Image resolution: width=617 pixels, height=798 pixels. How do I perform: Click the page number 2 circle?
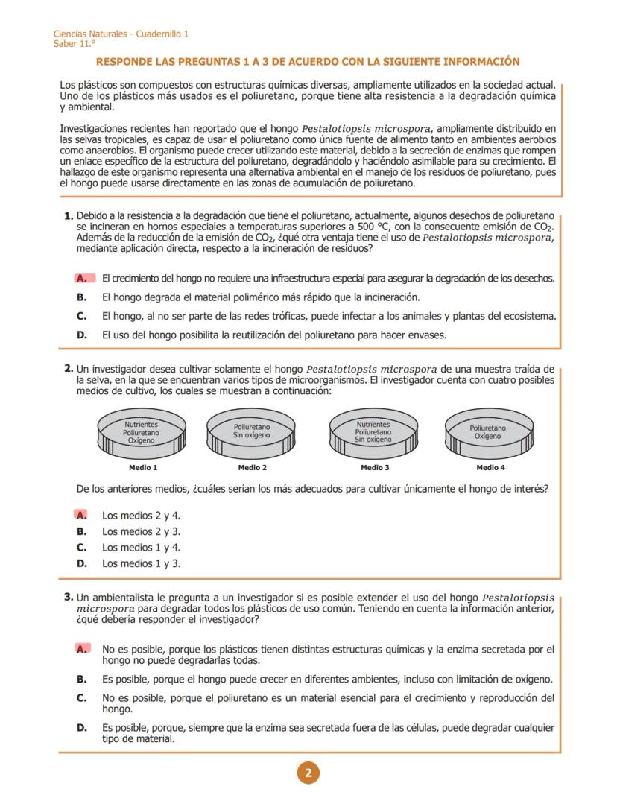(308, 773)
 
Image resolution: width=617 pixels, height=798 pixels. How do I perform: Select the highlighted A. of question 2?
(81, 515)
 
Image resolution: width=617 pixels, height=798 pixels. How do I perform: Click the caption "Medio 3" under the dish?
(374, 468)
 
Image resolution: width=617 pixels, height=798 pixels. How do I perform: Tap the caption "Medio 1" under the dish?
(143, 468)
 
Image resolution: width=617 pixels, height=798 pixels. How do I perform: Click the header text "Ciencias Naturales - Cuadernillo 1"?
(121, 34)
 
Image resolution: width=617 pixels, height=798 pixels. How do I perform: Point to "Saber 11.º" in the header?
(75, 43)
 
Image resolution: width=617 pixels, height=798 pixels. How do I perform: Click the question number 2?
(69, 368)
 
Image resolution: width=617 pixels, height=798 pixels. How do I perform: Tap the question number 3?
(69, 597)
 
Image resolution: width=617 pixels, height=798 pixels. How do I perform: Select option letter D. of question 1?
(82, 335)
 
